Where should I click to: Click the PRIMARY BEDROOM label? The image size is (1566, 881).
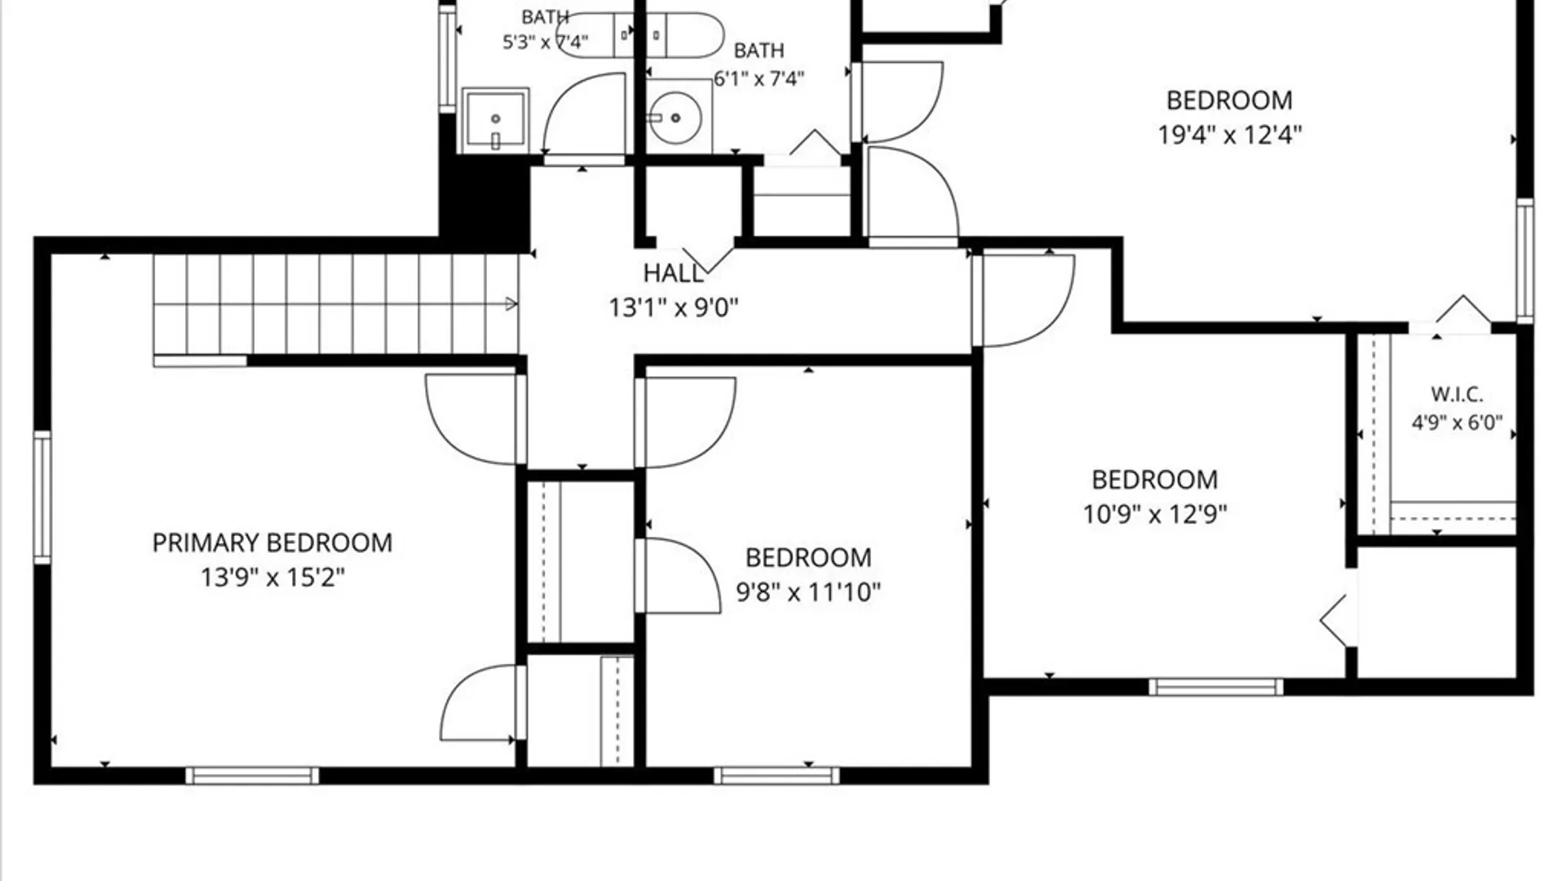coord(272,543)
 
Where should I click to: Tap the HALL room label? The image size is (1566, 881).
coord(673,273)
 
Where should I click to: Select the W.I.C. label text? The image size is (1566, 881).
coord(1457,395)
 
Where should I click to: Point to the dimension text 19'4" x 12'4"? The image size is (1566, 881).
coord(1230,135)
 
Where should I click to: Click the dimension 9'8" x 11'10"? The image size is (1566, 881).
coord(808,592)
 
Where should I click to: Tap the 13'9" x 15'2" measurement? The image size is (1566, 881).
coord(272,578)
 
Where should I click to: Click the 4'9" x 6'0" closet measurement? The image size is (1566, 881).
coord(1457,423)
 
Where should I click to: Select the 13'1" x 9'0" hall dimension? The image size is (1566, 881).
coord(674,308)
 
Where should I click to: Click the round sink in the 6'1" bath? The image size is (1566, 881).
coord(675,118)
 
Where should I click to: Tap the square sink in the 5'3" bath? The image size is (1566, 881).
coord(495,120)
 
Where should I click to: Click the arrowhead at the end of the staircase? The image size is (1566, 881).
coord(511,304)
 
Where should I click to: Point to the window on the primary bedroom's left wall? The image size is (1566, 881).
coord(42,498)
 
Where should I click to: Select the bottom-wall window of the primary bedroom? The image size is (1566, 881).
coord(252,776)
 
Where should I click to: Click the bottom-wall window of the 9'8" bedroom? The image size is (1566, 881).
coord(776,776)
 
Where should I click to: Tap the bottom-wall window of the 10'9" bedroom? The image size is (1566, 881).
coord(1216,687)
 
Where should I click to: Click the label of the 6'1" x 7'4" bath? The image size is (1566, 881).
coord(759,51)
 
